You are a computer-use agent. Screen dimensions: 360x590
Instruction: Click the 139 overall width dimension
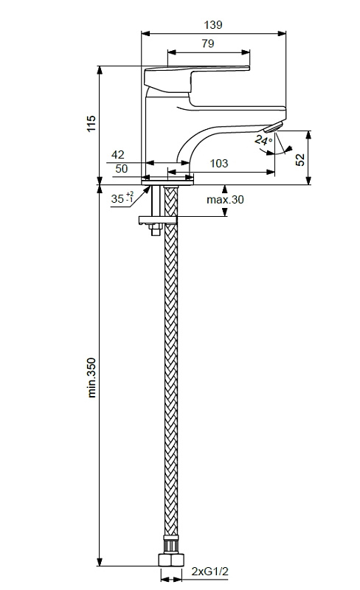[x=213, y=25]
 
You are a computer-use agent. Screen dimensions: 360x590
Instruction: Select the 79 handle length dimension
[x=207, y=44]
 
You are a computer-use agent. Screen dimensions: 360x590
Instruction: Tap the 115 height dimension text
[x=91, y=123]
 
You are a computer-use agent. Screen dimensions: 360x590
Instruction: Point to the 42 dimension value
[x=118, y=155]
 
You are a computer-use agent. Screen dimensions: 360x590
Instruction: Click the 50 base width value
[x=121, y=169]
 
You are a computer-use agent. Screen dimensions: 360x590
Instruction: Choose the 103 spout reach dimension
[x=219, y=163]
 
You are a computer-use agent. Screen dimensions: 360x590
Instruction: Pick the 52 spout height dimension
[x=300, y=159]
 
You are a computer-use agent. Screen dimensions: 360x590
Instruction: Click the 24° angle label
[x=263, y=140]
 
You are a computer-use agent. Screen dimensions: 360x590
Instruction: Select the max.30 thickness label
[x=225, y=199]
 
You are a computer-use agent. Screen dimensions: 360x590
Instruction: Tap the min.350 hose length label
[x=91, y=378]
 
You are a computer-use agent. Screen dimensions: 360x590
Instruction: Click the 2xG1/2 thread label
[x=210, y=572]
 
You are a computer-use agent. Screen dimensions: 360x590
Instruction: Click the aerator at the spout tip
[x=274, y=127]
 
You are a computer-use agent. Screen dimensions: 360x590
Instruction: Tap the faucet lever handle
[x=197, y=80]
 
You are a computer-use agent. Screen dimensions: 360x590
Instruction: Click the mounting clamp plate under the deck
[x=158, y=220]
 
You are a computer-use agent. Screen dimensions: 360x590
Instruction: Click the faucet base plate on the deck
[x=167, y=179]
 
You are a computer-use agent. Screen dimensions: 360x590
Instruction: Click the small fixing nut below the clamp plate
[x=155, y=229]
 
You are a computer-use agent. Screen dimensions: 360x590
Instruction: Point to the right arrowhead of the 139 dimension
[x=282, y=33]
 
